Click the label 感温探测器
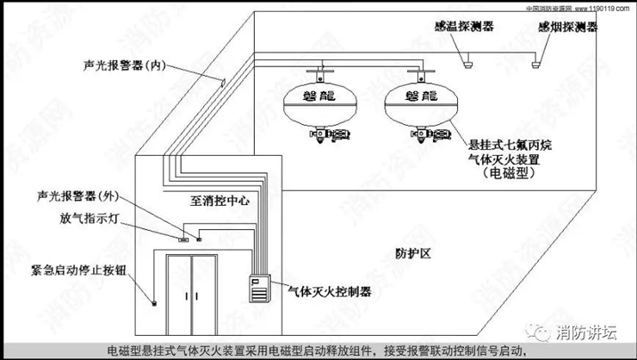coord(464,27)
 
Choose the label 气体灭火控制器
coord(328,293)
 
